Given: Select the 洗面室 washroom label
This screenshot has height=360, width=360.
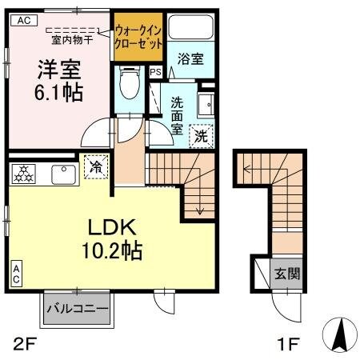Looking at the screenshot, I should [x=178, y=114].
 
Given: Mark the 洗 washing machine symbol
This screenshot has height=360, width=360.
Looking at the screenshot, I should [x=203, y=137].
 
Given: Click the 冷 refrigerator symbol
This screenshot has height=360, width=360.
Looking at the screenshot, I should [x=95, y=168].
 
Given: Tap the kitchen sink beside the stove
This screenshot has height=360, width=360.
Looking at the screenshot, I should [x=61, y=170].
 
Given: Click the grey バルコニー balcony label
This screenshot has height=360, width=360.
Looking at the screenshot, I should [x=76, y=307].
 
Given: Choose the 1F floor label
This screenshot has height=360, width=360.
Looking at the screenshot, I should [x=287, y=345].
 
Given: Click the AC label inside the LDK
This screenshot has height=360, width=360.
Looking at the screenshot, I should [x=17, y=274].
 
